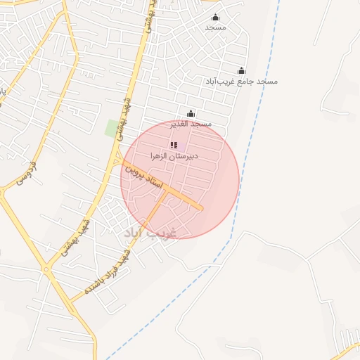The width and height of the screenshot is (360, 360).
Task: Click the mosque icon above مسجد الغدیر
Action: tap(191, 113)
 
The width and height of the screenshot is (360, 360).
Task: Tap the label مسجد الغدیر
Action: tap(191, 124)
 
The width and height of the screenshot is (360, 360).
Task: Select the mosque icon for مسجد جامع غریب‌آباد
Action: tap(242, 71)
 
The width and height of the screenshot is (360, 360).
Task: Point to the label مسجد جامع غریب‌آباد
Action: tap(242, 82)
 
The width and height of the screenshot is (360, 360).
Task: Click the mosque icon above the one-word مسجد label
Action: tap(215, 18)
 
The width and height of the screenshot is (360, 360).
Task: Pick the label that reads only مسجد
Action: tap(215, 27)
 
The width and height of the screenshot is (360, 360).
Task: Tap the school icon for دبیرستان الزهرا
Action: tap(174, 146)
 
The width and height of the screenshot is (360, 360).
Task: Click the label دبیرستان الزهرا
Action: tap(175, 155)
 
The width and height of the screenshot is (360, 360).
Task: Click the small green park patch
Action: tap(112, 129)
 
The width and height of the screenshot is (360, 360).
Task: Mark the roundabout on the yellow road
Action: tap(46, 269)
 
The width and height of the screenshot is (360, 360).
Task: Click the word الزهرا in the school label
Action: tap(160, 155)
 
